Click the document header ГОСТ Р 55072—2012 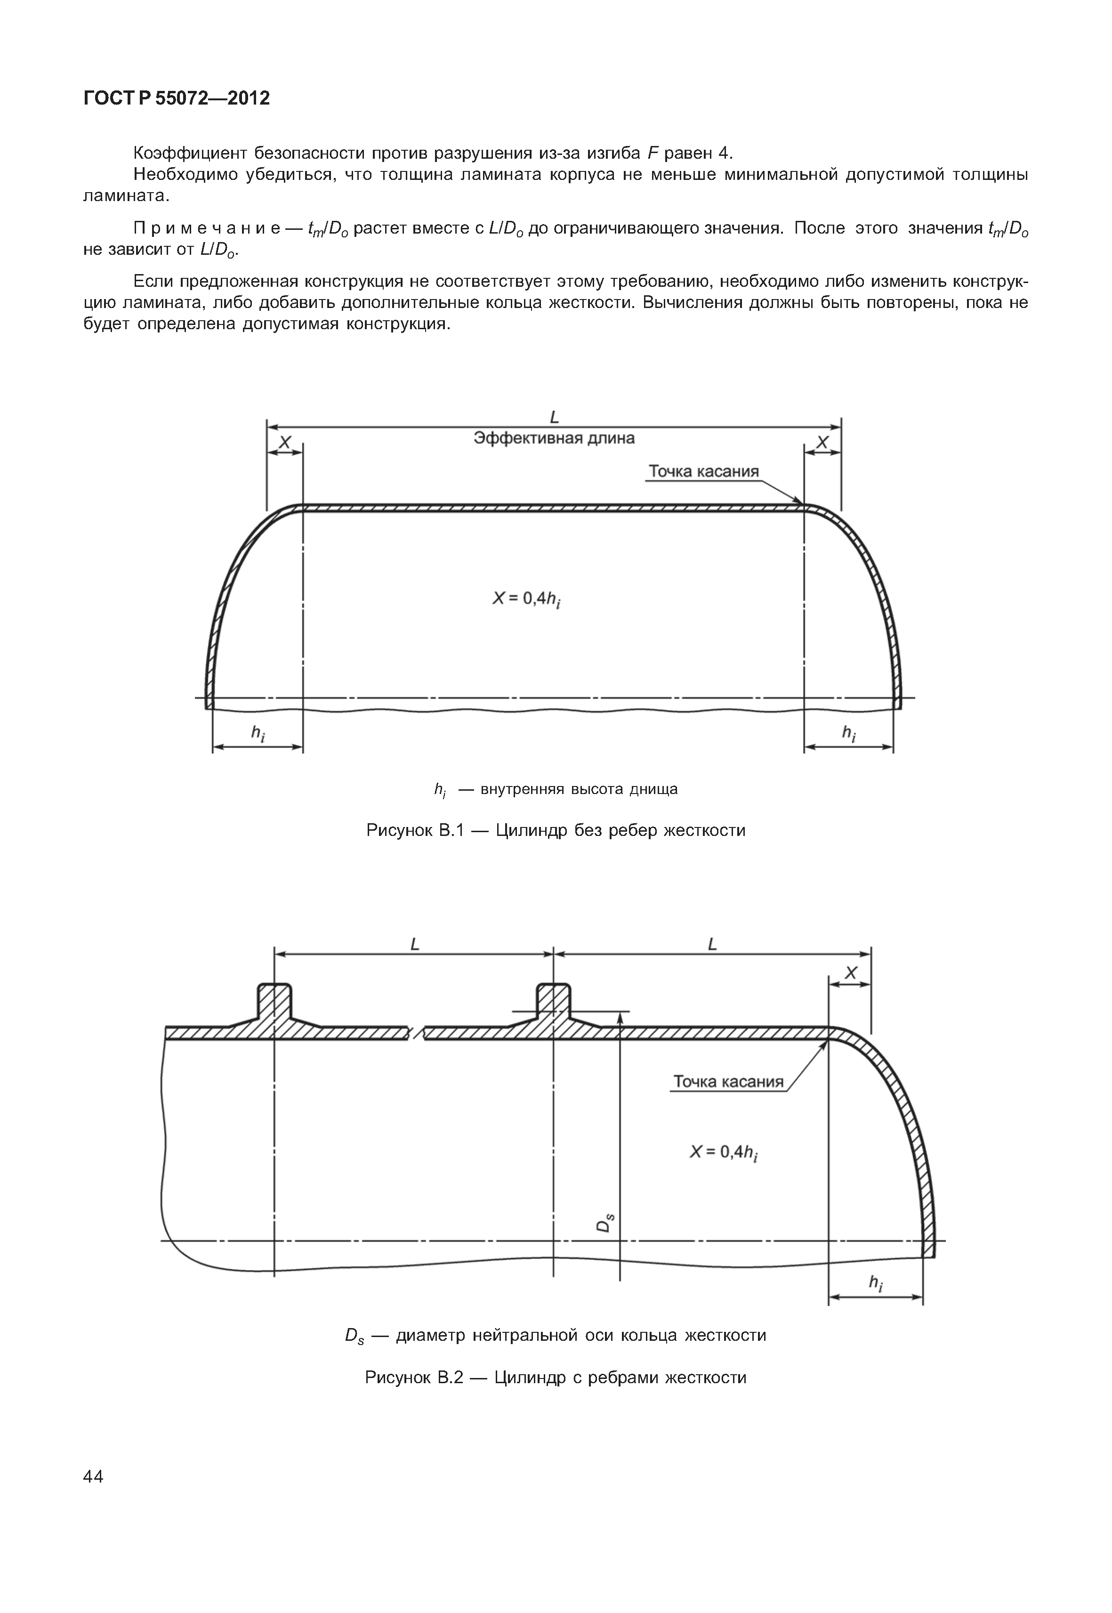tap(176, 98)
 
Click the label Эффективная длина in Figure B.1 tap(554, 438)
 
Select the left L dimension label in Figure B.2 tap(415, 945)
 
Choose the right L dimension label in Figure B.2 tap(712, 945)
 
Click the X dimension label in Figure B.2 tap(850, 973)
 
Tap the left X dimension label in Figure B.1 tap(285, 443)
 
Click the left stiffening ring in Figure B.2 tap(274, 1008)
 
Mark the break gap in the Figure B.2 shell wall tap(416, 1032)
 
